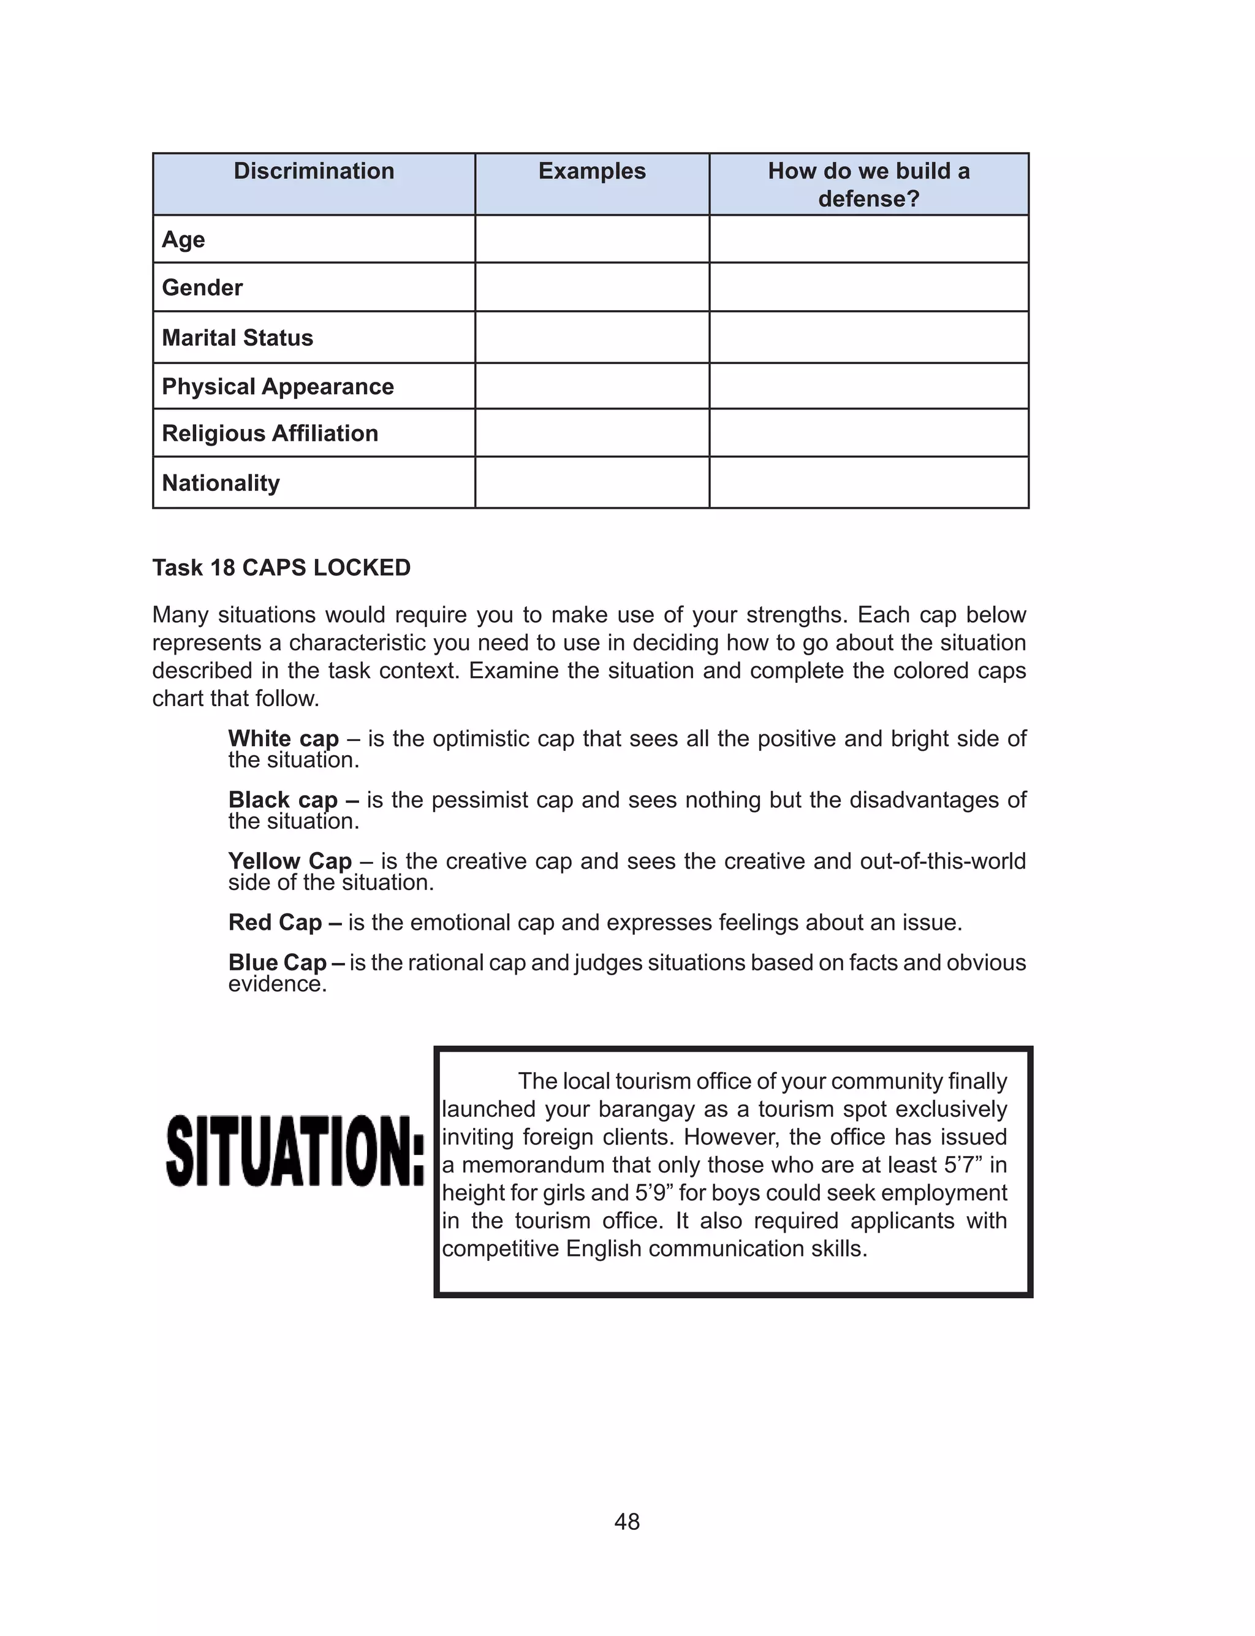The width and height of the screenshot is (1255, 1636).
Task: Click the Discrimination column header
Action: (x=314, y=171)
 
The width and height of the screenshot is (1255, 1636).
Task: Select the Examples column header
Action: (x=591, y=171)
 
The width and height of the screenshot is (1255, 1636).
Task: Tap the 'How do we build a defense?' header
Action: (x=868, y=185)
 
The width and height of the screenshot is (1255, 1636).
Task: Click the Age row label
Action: (x=183, y=240)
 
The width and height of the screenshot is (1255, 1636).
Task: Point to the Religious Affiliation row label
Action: (x=270, y=433)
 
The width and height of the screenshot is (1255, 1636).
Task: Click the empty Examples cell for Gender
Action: (x=591, y=287)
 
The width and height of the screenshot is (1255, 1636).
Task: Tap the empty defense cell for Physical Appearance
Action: (x=868, y=386)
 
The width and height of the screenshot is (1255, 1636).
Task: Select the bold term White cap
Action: (x=283, y=739)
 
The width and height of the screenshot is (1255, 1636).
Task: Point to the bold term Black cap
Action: (x=283, y=800)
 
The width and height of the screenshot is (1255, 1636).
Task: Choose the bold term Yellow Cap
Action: (x=290, y=861)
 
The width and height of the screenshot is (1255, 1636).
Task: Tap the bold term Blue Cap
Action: (x=277, y=963)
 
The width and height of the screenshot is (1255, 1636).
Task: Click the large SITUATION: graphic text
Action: (x=295, y=1151)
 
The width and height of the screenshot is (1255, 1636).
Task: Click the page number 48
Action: (x=627, y=1522)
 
